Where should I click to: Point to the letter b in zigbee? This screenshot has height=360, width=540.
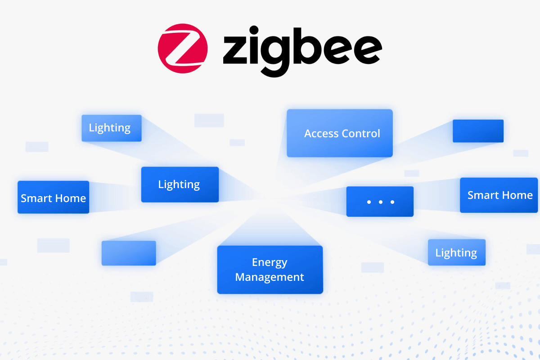pyautogui.click(x=305, y=45)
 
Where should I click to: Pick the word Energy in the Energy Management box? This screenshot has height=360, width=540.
pyautogui.click(x=270, y=262)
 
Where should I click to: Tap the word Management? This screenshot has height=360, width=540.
pyautogui.click(x=270, y=277)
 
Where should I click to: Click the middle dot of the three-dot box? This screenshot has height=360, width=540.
pyautogui.click(x=381, y=202)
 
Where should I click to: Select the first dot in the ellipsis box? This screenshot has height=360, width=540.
pyautogui.click(x=369, y=202)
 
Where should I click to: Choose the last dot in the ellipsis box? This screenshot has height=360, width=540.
pyautogui.click(x=392, y=202)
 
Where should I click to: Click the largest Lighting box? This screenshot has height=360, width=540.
pyautogui.click(x=180, y=184)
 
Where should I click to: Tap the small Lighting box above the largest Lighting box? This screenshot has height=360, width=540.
pyautogui.click(x=111, y=128)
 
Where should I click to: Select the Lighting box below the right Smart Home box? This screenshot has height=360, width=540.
pyautogui.click(x=456, y=252)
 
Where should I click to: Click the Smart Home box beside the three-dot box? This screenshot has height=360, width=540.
pyautogui.click(x=499, y=195)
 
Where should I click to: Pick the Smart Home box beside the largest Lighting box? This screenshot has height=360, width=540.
pyautogui.click(x=53, y=198)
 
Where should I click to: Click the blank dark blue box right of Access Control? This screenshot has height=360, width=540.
pyautogui.click(x=478, y=131)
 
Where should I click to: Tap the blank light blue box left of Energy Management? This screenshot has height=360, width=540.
pyautogui.click(x=129, y=253)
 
